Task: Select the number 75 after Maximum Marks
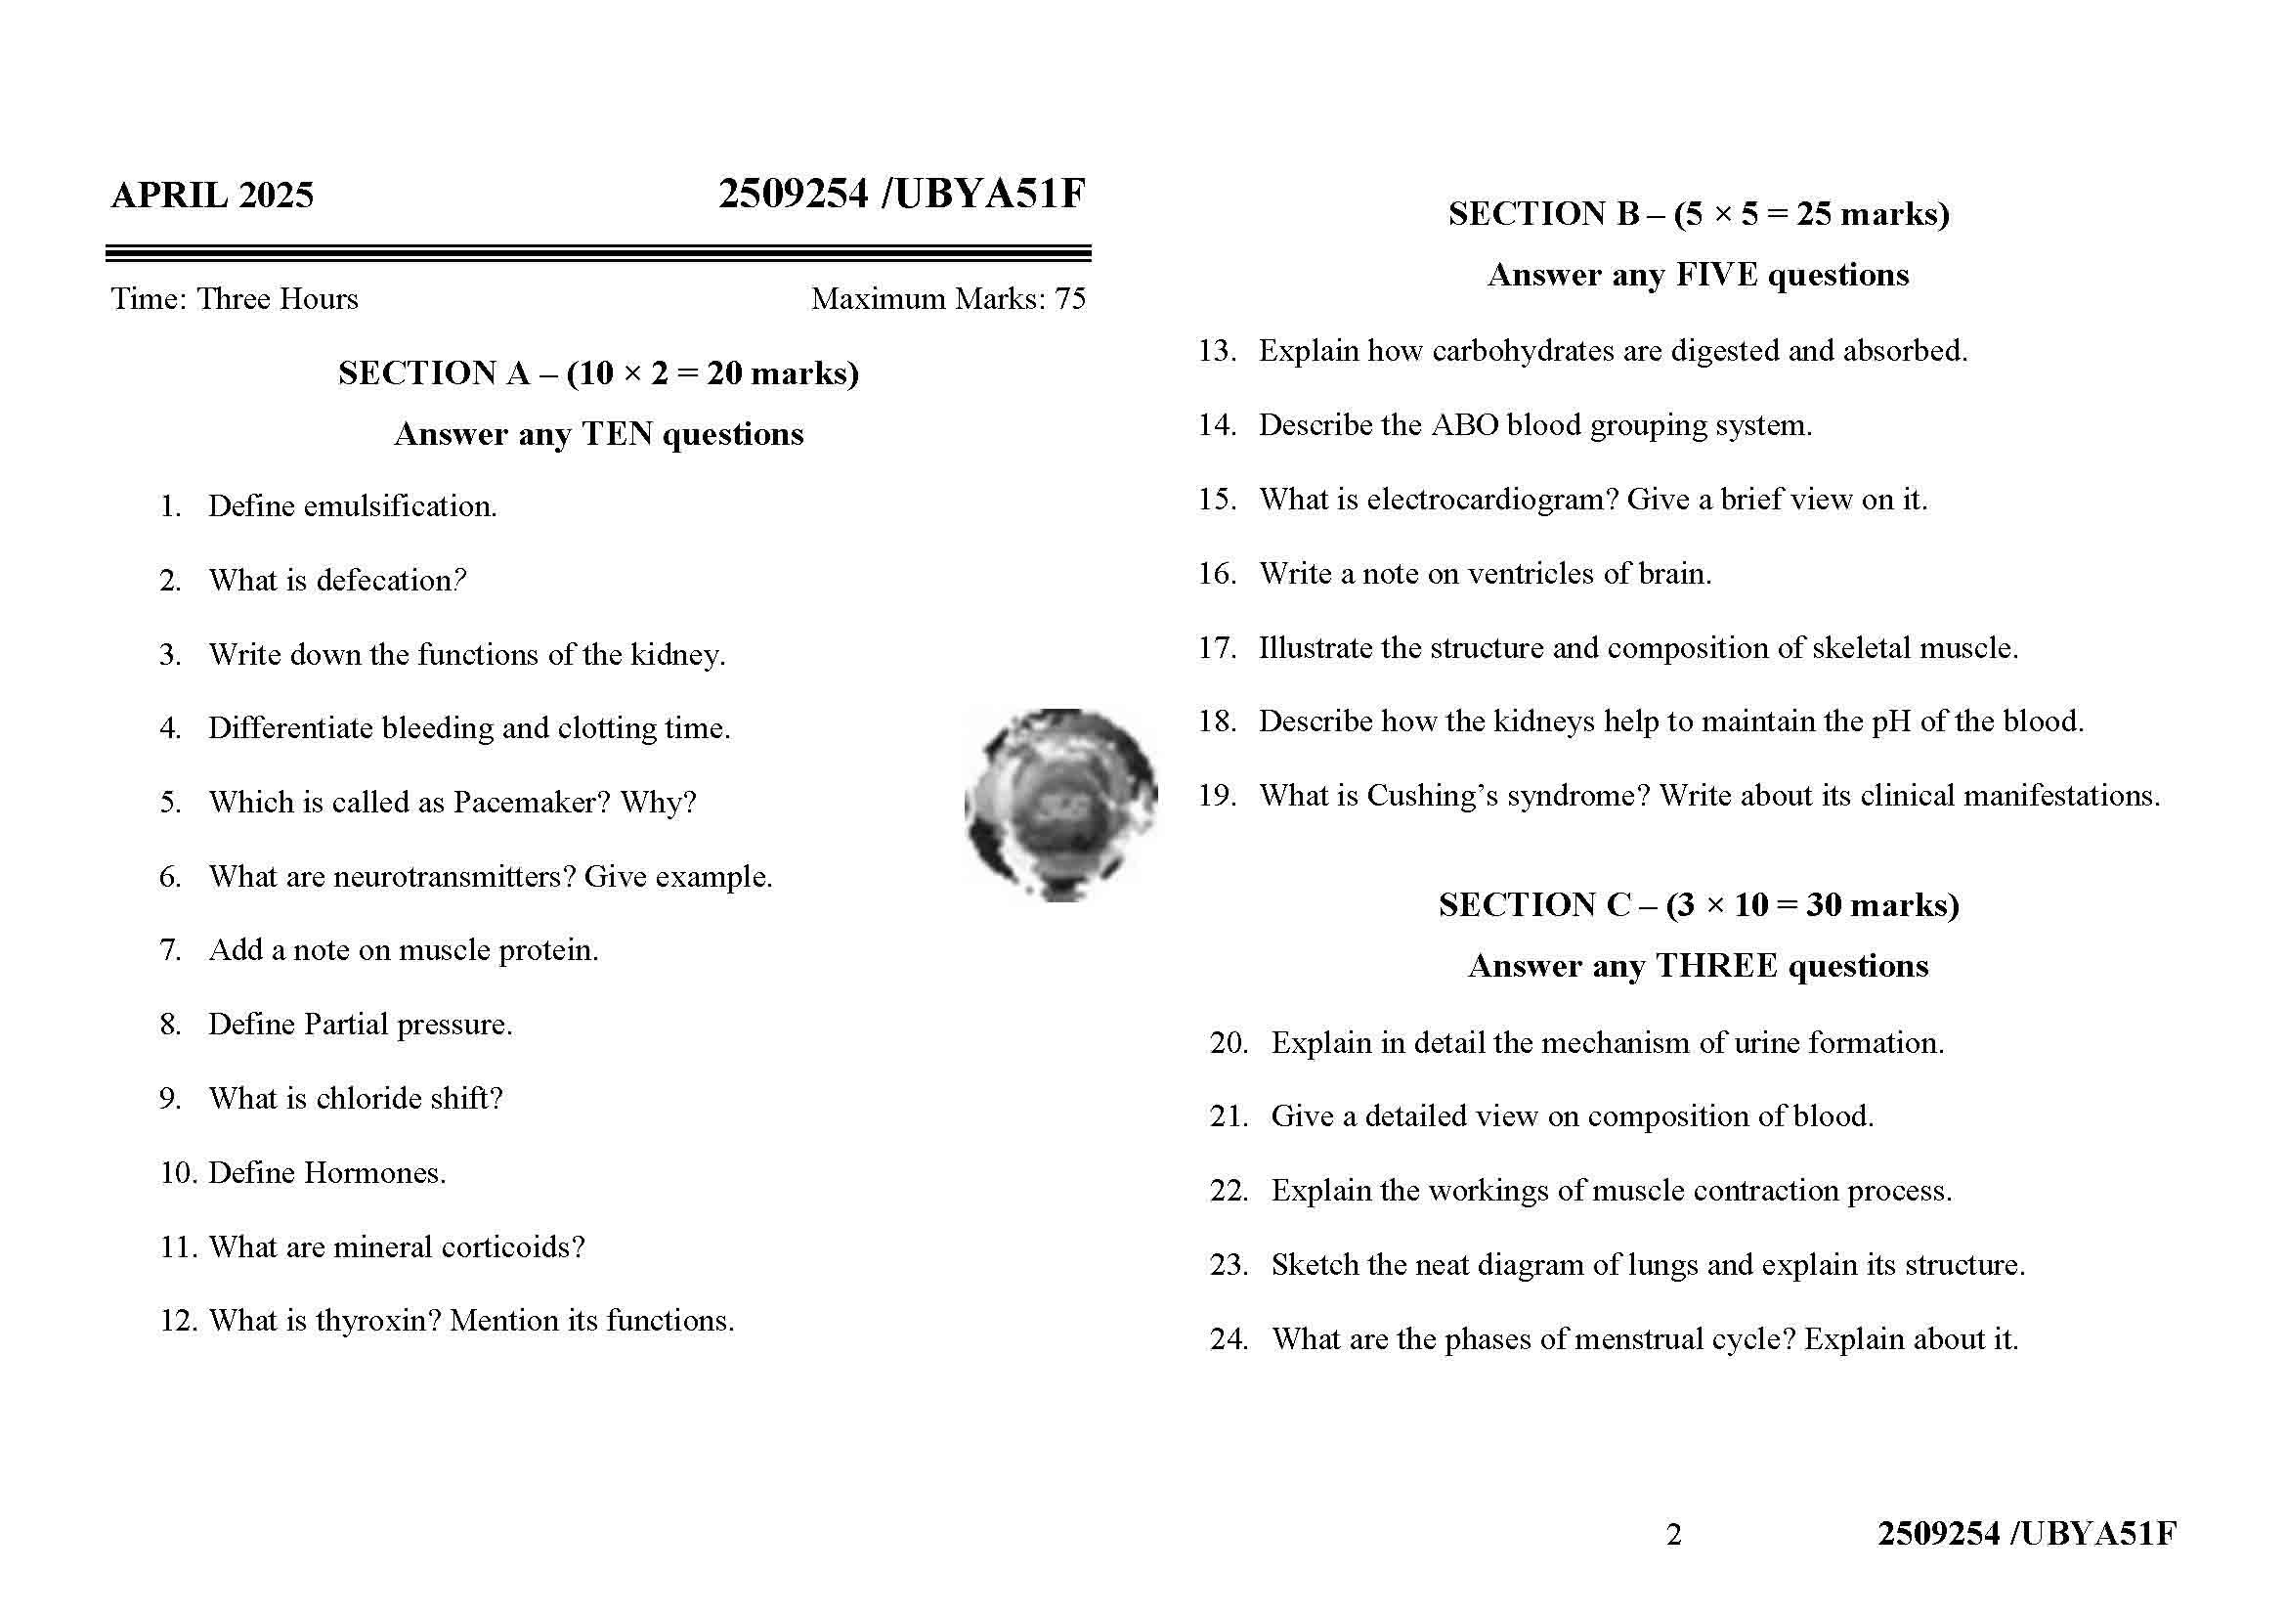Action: [1070, 299]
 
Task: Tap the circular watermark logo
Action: [1060, 805]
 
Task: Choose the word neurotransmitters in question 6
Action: [454, 877]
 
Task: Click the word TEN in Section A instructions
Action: [617, 434]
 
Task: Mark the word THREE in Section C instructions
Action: [1715, 966]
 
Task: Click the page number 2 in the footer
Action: [1673, 1534]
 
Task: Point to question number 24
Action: [1229, 1339]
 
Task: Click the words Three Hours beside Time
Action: [277, 299]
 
